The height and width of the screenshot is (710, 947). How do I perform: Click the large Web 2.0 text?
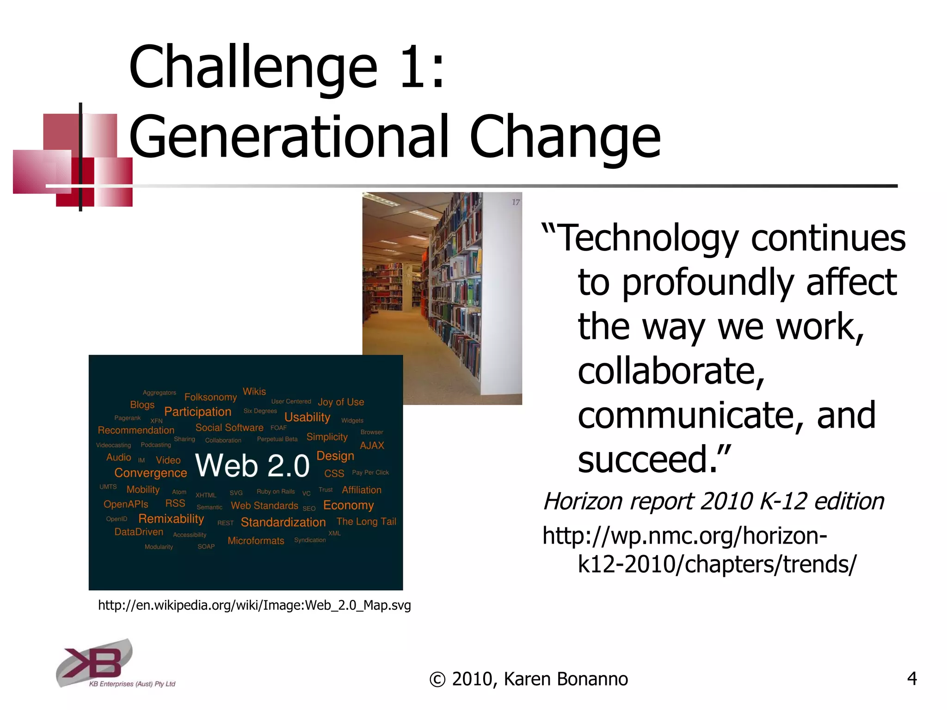point(252,465)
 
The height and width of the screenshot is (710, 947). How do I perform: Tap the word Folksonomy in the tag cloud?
point(210,397)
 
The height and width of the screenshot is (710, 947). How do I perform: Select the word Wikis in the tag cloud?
point(254,392)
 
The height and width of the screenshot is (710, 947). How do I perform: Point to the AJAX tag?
point(372,446)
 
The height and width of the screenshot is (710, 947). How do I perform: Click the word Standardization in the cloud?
point(283,522)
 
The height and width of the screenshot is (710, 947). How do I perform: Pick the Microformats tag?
point(256,541)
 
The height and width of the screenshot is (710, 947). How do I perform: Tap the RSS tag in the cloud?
point(175,503)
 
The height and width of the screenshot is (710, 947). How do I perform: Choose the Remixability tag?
point(171,519)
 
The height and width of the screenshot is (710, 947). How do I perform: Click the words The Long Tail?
point(366,521)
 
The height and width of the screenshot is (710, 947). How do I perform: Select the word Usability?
point(307,417)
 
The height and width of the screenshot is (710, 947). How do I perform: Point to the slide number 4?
point(911,678)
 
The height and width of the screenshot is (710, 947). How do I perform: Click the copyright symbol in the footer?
point(437,679)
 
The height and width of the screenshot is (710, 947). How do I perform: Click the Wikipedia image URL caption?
point(254,605)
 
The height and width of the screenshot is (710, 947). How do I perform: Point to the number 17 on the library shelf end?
point(516,202)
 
